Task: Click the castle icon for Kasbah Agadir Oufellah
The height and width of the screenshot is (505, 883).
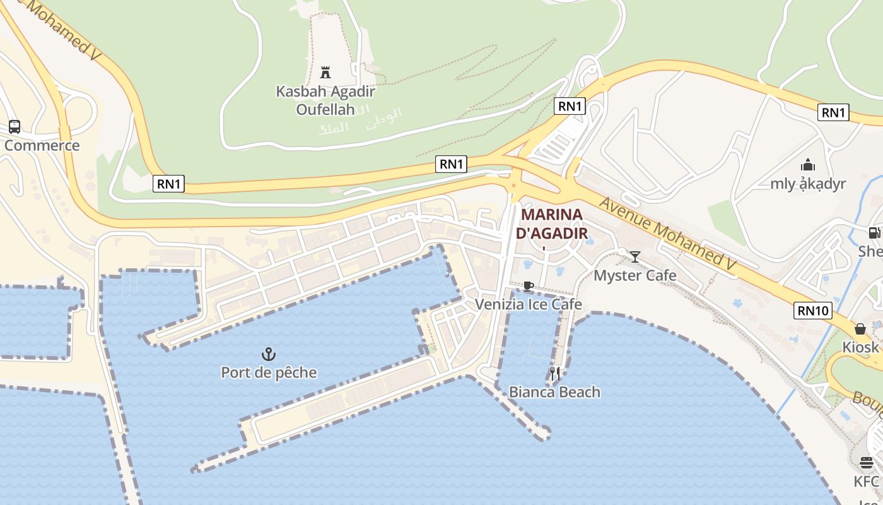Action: [x=325, y=72]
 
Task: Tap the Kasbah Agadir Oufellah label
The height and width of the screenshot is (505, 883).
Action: [x=325, y=100]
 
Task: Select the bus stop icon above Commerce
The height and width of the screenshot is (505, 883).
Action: [x=15, y=127]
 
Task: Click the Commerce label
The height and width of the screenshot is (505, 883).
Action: [x=42, y=146]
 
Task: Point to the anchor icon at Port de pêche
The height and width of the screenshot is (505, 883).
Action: [x=269, y=354]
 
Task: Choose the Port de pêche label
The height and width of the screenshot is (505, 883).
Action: [x=269, y=372]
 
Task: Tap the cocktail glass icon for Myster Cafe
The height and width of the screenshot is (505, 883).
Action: [x=635, y=256]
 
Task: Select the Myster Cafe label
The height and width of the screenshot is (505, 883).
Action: [x=635, y=275]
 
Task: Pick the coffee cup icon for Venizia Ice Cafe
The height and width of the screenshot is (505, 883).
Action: [x=529, y=286]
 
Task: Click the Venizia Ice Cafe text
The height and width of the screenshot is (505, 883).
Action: [x=529, y=304]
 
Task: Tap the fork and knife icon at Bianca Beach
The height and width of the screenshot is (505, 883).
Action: [x=555, y=374]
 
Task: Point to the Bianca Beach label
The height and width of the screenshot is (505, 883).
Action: [x=555, y=392]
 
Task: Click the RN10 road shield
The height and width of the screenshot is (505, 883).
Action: [x=814, y=311]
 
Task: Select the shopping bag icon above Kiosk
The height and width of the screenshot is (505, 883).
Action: [x=860, y=329]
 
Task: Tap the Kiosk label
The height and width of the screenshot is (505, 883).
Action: [x=861, y=347]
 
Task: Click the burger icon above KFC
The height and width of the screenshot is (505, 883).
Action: [x=867, y=463]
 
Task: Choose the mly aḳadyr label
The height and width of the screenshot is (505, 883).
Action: [x=808, y=184]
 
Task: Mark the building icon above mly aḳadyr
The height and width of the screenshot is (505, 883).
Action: [x=808, y=165]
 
